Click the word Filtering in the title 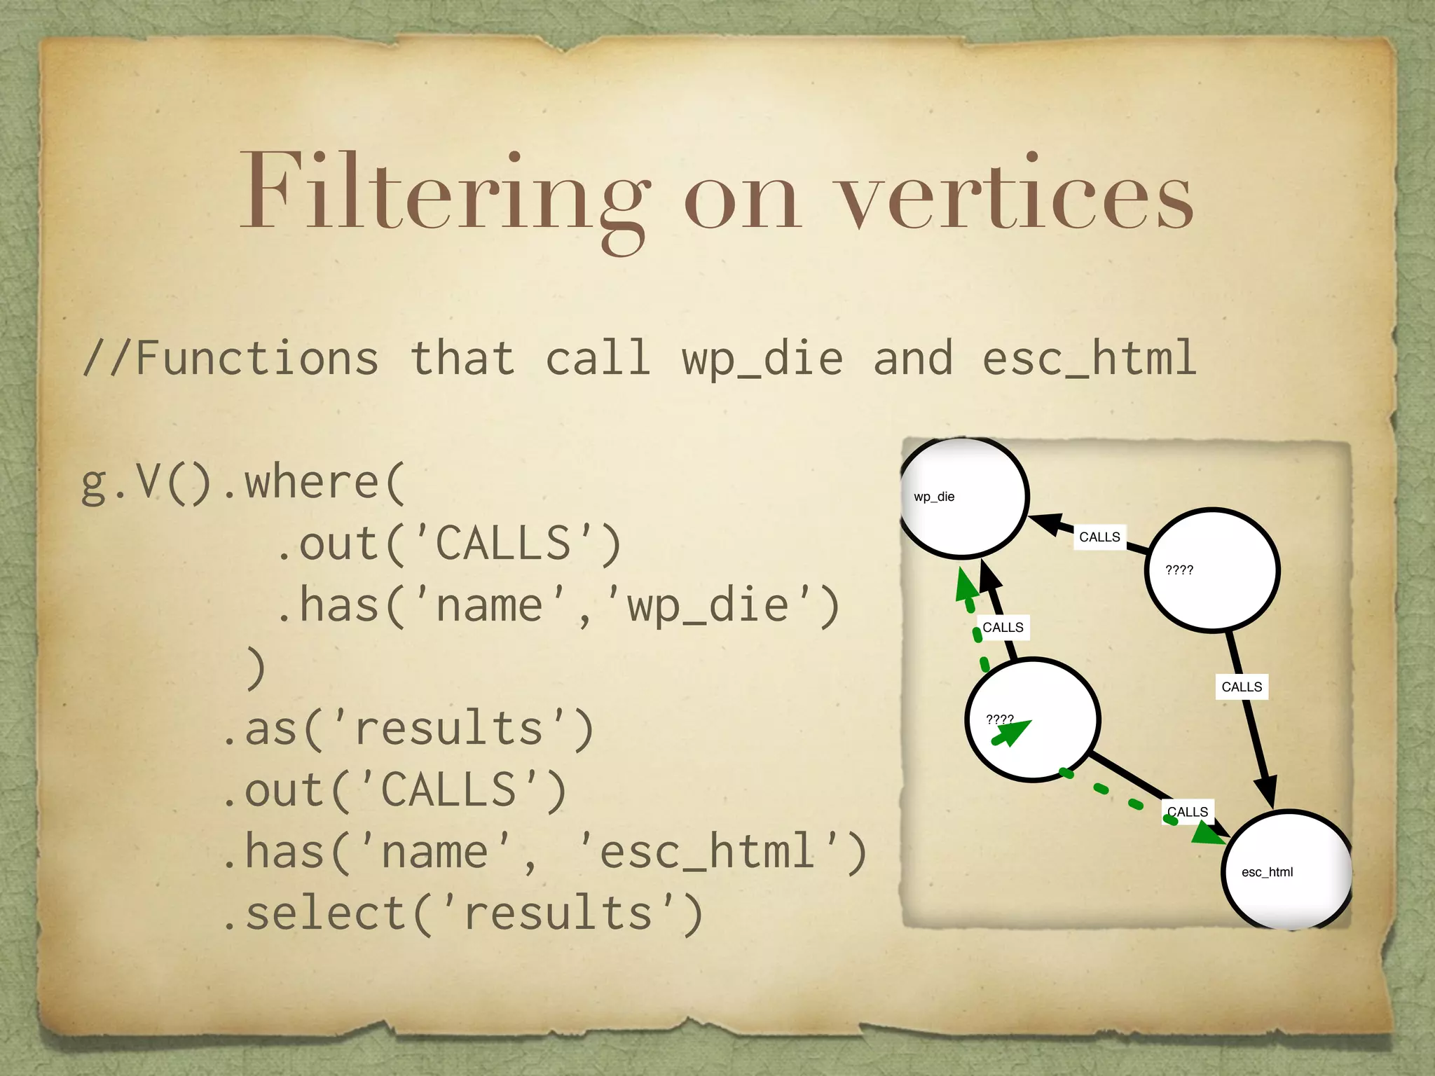click(445, 193)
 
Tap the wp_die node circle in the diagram click(964, 497)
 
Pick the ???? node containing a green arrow click(1033, 719)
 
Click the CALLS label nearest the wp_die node click(1099, 537)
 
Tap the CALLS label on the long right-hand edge click(1242, 687)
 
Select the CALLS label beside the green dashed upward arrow click(1003, 628)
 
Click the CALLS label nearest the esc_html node click(1188, 812)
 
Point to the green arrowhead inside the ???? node click(1013, 732)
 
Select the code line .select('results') click(462, 913)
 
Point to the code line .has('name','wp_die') click(557, 605)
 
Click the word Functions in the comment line click(256, 358)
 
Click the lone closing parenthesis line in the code click(256, 667)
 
